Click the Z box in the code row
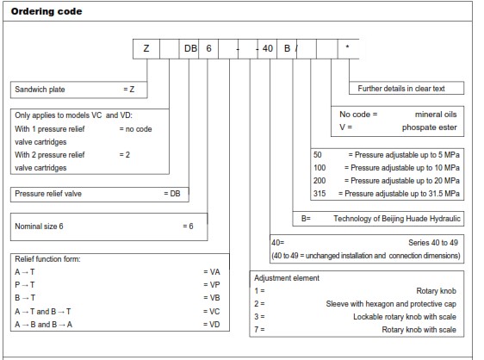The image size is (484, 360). [x=146, y=48]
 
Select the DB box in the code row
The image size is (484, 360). [x=190, y=48]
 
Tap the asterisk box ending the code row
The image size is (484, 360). [x=348, y=48]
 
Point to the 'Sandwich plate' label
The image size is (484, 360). [x=40, y=89]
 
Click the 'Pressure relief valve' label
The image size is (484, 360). [x=49, y=194]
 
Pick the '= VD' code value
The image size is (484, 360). [x=211, y=324]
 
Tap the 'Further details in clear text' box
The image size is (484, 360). [x=410, y=89]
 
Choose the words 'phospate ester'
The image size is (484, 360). [x=432, y=127]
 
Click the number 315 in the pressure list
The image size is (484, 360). [x=320, y=194]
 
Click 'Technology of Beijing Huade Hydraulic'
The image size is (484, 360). [x=397, y=219]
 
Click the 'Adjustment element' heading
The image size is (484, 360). [x=287, y=278]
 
